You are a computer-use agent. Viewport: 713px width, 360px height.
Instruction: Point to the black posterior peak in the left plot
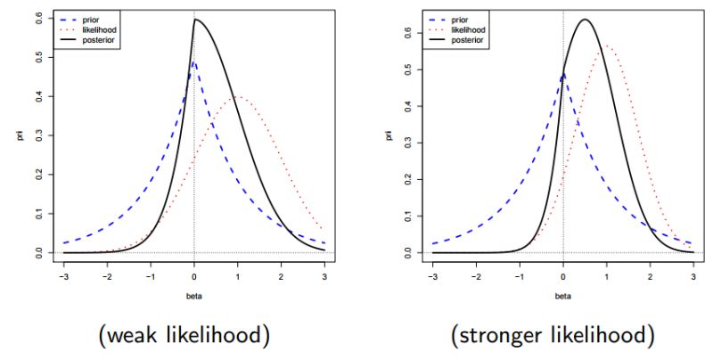click(x=196, y=20)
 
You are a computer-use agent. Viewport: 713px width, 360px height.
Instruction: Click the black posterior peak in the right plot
click(x=585, y=20)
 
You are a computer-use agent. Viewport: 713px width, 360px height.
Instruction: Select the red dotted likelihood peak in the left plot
click(x=238, y=97)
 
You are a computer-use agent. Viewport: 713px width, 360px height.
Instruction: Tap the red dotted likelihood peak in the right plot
click(x=607, y=45)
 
